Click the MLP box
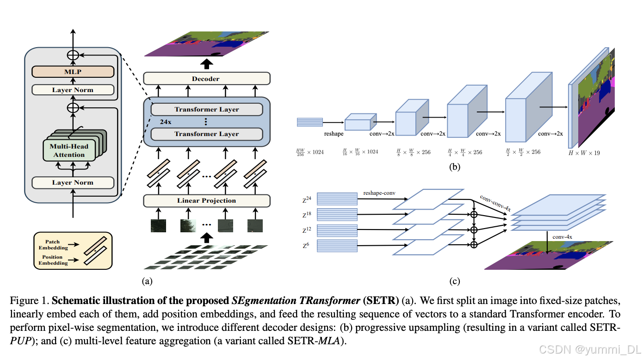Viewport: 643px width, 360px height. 73,72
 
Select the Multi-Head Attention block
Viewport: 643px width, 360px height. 69,150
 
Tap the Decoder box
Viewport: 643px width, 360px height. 206,79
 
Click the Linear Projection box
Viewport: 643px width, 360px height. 206,200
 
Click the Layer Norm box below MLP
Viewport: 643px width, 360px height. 73,90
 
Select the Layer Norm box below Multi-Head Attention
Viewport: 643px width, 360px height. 73,182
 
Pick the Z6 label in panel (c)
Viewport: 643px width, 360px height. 306,245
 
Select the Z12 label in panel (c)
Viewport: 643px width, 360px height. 307,230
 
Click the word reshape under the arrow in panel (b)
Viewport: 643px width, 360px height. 334,133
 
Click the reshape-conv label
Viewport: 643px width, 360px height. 379,192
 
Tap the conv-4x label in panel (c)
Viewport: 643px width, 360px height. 562,237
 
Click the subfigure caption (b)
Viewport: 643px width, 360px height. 455,167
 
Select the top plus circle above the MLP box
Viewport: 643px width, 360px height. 73,55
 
